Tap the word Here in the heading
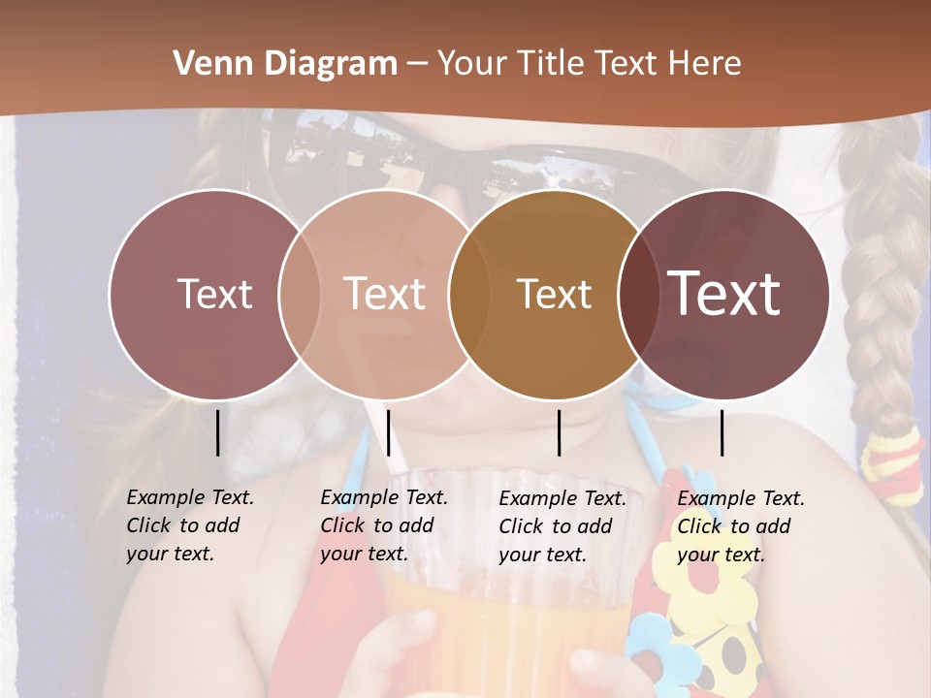pyautogui.click(x=705, y=64)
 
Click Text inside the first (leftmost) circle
pyautogui.click(x=214, y=294)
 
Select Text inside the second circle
pyautogui.click(x=385, y=294)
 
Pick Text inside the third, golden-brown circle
pyautogui.click(x=554, y=294)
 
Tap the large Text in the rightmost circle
pyautogui.click(x=724, y=294)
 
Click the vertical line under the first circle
pyautogui.click(x=217, y=432)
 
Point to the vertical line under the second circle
pyautogui.click(x=388, y=432)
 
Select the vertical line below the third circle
pyautogui.click(x=559, y=432)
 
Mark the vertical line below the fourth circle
pyautogui.click(x=722, y=432)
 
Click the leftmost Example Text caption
pyautogui.click(x=190, y=525)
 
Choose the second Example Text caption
pyautogui.click(x=384, y=525)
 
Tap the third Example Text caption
pyautogui.click(x=562, y=526)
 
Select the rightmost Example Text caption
pyautogui.click(x=741, y=526)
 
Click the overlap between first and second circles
pyautogui.click(x=300, y=294)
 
